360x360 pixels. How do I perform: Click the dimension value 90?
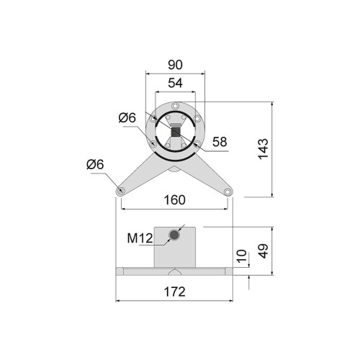[175, 65]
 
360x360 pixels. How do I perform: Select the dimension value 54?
[175, 83]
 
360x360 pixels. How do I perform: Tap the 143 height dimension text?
[264, 148]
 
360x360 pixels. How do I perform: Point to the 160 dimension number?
[175, 200]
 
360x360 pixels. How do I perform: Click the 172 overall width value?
[175, 292]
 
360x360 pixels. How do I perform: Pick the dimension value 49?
[264, 251]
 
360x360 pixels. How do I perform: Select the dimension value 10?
[242, 256]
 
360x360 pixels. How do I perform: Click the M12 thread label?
[140, 238]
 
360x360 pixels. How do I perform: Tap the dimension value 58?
[220, 142]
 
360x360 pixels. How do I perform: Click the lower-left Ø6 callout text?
[95, 164]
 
